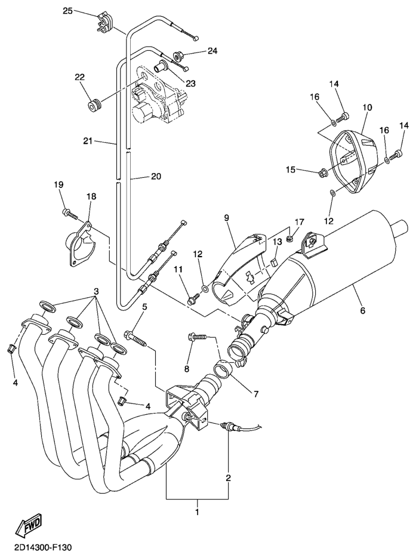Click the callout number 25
pyautogui.click(x=67, y=11)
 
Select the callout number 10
pyautogui.click(x=367, y=107)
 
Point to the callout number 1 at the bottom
pyautogui.click(x=198, y=511)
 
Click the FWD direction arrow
pyautogui.click(x=27, y=525)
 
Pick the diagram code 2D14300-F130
pyautogui.click(x=39, y=547)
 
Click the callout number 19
pyautogui.click(x=59, y=185)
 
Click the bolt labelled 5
pyautogui.click(x=137, y=337)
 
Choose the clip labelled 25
pyautogui.click(x=103, y=21)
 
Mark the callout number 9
pyautogui.click(x=227, y=218)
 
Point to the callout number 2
pyautogui.click(x=229, y=479)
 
